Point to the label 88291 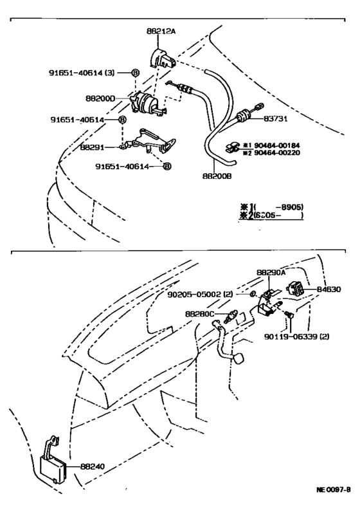pyautogui.click(x=93, y=147)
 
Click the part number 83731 pyautogui.click(x=278, y=119)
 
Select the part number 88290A pyautogui.click(x=271, y=273)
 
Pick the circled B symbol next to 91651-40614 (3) pyautogui.click(x=135, y=73)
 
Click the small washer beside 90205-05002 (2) pyautogui.click(x=253, y=295)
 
